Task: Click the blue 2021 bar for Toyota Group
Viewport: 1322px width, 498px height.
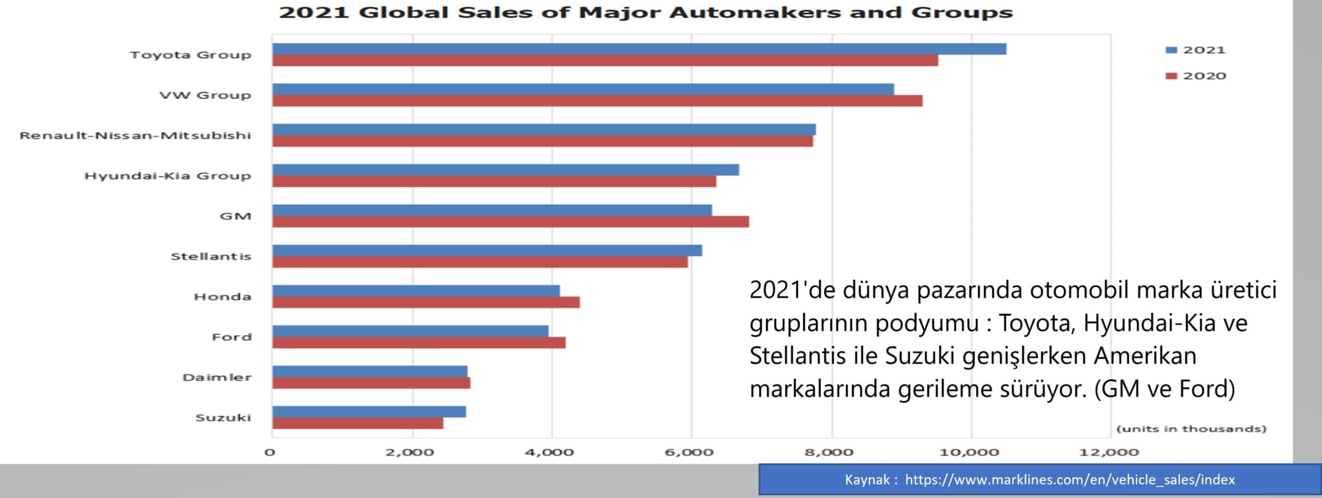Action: tap(639, 49)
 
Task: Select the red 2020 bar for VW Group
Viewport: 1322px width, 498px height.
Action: tap(597, 101)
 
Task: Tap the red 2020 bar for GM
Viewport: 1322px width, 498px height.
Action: tap(510, 222)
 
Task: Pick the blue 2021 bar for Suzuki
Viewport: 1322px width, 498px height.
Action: tap(369, 411)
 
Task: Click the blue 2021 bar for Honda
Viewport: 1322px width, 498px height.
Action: tap(416, 291)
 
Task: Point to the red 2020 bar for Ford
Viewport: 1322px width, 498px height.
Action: tap(418, 343)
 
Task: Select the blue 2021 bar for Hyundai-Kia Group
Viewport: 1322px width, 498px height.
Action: tap(505, 170)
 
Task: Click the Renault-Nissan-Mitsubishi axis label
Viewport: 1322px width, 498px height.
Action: tap(135, 136)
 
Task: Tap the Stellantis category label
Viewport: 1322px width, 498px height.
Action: tap(210, 256)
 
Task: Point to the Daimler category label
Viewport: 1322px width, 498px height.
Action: tap(216, 377)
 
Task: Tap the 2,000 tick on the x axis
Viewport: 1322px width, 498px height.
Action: tap(409, 452)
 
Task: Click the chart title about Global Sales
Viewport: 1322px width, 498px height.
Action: tap(645, 12)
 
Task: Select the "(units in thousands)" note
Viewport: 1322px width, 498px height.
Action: tap(1191, 429)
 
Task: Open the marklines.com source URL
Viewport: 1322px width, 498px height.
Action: tap(1070, 480)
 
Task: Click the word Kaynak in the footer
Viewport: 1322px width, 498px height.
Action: tap(867, 480)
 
